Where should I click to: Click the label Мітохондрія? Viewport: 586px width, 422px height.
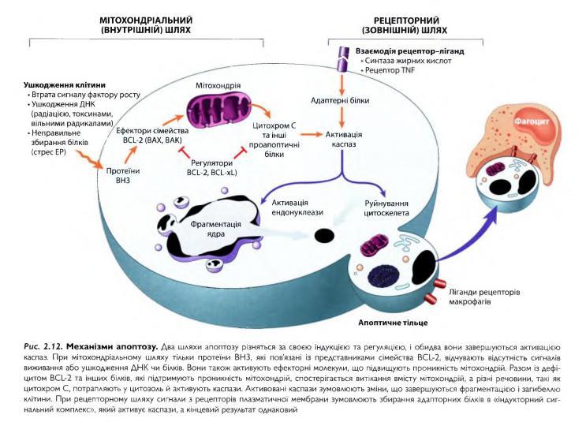pyautogui.click(x=218, y=84)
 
